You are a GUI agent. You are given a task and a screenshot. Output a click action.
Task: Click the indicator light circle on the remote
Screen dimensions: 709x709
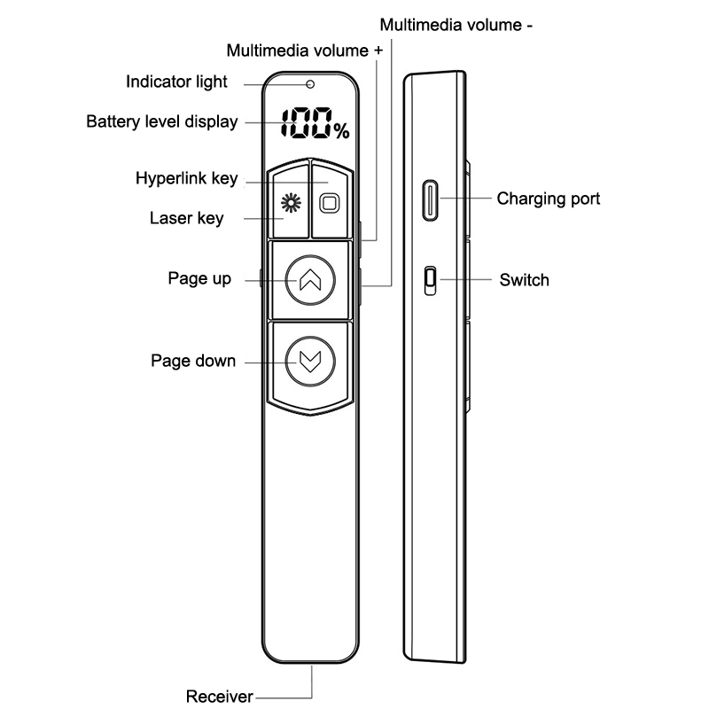point(309,85)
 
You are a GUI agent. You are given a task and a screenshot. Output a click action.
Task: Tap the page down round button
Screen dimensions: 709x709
point(308,360)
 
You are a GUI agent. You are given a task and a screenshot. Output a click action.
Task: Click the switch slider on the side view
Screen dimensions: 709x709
point(430,280)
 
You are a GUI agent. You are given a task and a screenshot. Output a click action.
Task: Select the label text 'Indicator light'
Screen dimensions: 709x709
point(176,82)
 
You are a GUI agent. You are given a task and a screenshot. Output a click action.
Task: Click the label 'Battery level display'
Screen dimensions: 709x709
point(161,121)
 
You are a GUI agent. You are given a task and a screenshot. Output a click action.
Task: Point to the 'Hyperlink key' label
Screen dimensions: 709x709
point(186,178)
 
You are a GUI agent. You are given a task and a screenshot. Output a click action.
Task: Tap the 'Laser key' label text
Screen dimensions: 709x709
point(186,217)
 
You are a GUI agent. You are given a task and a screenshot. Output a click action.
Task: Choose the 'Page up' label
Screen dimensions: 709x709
point(199,278)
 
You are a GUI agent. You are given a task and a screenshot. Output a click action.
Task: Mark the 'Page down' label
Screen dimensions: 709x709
point(193,361)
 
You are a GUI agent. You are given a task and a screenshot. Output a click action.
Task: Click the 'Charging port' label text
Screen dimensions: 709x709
point(548,199)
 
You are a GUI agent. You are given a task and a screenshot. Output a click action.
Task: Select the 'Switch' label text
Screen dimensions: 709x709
point(524,280)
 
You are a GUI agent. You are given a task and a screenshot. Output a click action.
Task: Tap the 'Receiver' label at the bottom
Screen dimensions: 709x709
point(219,696)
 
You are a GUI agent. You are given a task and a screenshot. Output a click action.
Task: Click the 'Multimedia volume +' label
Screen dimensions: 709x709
point(305,51)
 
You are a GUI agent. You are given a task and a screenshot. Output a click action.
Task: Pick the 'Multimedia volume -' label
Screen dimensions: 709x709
point(456,25)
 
